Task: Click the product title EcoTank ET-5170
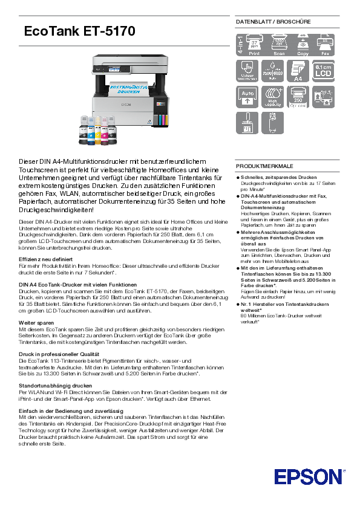tap(79, 31)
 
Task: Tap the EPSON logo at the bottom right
tap(307, 476)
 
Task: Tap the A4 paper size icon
tap(297, 71)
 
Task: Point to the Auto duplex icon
tap(246, 96)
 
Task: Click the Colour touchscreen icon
tap(246, 71)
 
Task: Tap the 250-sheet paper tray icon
tap(297, 96)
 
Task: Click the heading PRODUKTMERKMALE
tap(264, 166)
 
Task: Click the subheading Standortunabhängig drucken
tap(56, 385)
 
